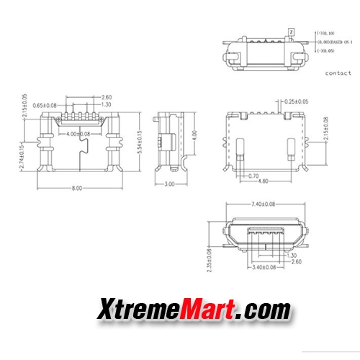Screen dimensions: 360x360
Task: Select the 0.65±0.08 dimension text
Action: [x=45, y=105]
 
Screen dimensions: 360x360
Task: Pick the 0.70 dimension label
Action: [x=253, y=176]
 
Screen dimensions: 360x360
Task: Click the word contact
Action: [x=338, y=73]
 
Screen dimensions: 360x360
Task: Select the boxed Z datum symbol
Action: [x=290, y=32]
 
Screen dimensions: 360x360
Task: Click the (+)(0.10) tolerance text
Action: [x=328, y=33]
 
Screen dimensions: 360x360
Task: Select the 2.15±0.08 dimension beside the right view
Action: [x=326, y=130]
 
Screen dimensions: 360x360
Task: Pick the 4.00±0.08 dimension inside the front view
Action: [x=78, y=134]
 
